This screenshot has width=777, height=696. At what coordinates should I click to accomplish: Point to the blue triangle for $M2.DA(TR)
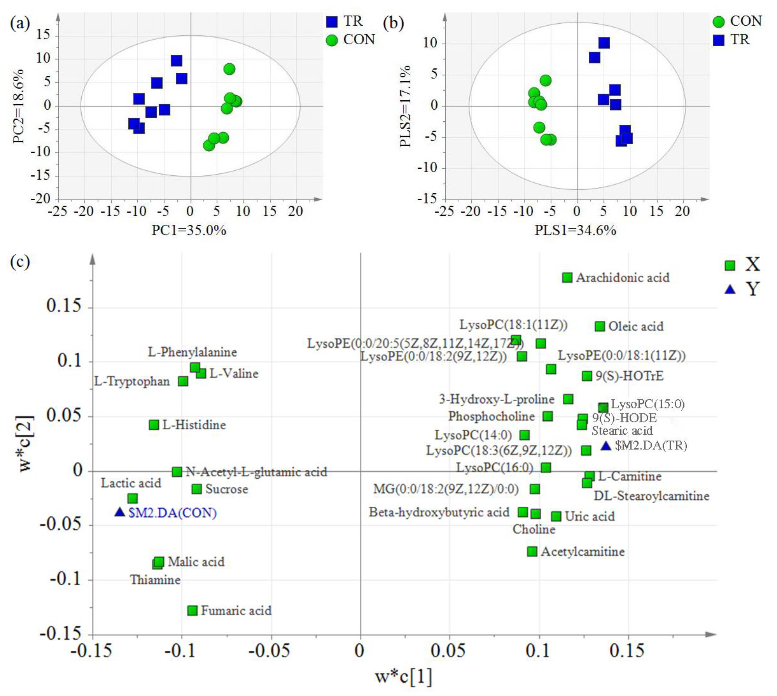pyautogui.click(x=606, y=445)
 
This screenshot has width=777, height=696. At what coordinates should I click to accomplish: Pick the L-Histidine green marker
pyautogui.click(x=154, y=425)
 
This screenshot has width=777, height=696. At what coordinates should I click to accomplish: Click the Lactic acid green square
pyautogui.click(x=132, y=498)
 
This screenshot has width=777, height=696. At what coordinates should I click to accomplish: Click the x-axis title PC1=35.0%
pyautogui.click(x=189, y=231)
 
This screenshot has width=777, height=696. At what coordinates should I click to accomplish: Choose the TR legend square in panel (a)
pyautogui.click(x=332, y=22)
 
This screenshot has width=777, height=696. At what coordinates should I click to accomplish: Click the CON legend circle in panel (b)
pyautogui.click(x=719, y=22)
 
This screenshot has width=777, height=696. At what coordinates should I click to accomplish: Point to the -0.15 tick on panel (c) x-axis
pyautogui.click(x=91, y=650)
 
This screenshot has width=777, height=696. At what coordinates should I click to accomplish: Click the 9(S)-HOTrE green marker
pyautogui.click(x=586, y=376)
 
